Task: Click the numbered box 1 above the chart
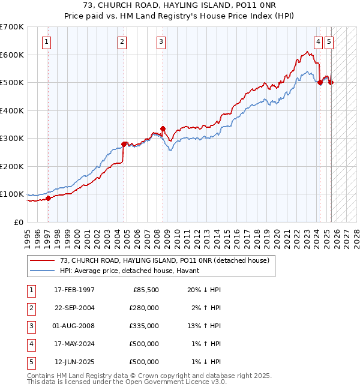pyautogui.click(x=46, y=41)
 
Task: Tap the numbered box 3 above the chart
pyautogui.click(x=161, y=41)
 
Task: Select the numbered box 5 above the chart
pyautogui.click(x=330, y=41)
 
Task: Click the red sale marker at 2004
pyautogui.click(x=124, y=144)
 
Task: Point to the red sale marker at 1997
pyautogui.click(x=49, y=199)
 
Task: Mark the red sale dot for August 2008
pyautogui.click(x=163, y=128)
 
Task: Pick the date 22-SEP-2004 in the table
pyautogui.click(x=74, y=308)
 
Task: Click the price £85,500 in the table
pyautogui.click(x=145, y=290)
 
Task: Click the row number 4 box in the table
pyautogui.click(x=30, y=344)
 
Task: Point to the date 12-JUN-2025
pyautogui.click(x=74, y=362)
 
